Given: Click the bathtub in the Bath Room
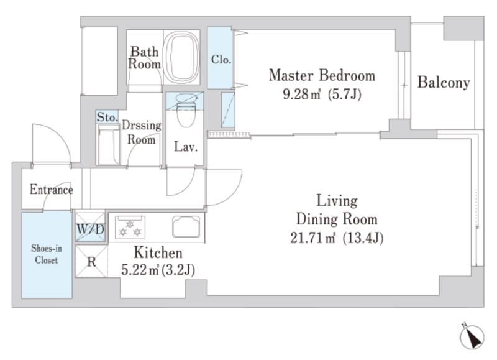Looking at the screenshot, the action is tap(181, 57).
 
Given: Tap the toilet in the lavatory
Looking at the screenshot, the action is tap(186, 110).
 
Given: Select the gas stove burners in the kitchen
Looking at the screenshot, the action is tap(130, 227).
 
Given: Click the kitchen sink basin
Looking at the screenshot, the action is tap(186, 226).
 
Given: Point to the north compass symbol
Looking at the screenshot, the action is tap(472, 337).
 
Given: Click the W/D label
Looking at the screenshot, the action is tap(90, 229).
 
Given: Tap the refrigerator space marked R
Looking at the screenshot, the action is tap(91, 262).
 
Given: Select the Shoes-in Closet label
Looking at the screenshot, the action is tap(47, 254).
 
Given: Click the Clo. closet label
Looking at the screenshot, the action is tap(221, 59).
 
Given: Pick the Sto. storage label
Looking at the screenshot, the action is tap(107, 117).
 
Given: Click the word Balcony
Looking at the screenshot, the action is tap(444, 83).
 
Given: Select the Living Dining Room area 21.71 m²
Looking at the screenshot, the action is tap(313, 238).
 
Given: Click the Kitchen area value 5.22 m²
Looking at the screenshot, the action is tap(140, 270).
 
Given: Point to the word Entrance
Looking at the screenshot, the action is tap(52, 190).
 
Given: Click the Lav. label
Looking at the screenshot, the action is tap(186, 147).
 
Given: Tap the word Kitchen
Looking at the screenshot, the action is tap(158, 253).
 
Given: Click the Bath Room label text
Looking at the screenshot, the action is tap(144, 58).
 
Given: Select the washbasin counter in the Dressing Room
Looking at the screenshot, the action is tap(107, 144).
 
